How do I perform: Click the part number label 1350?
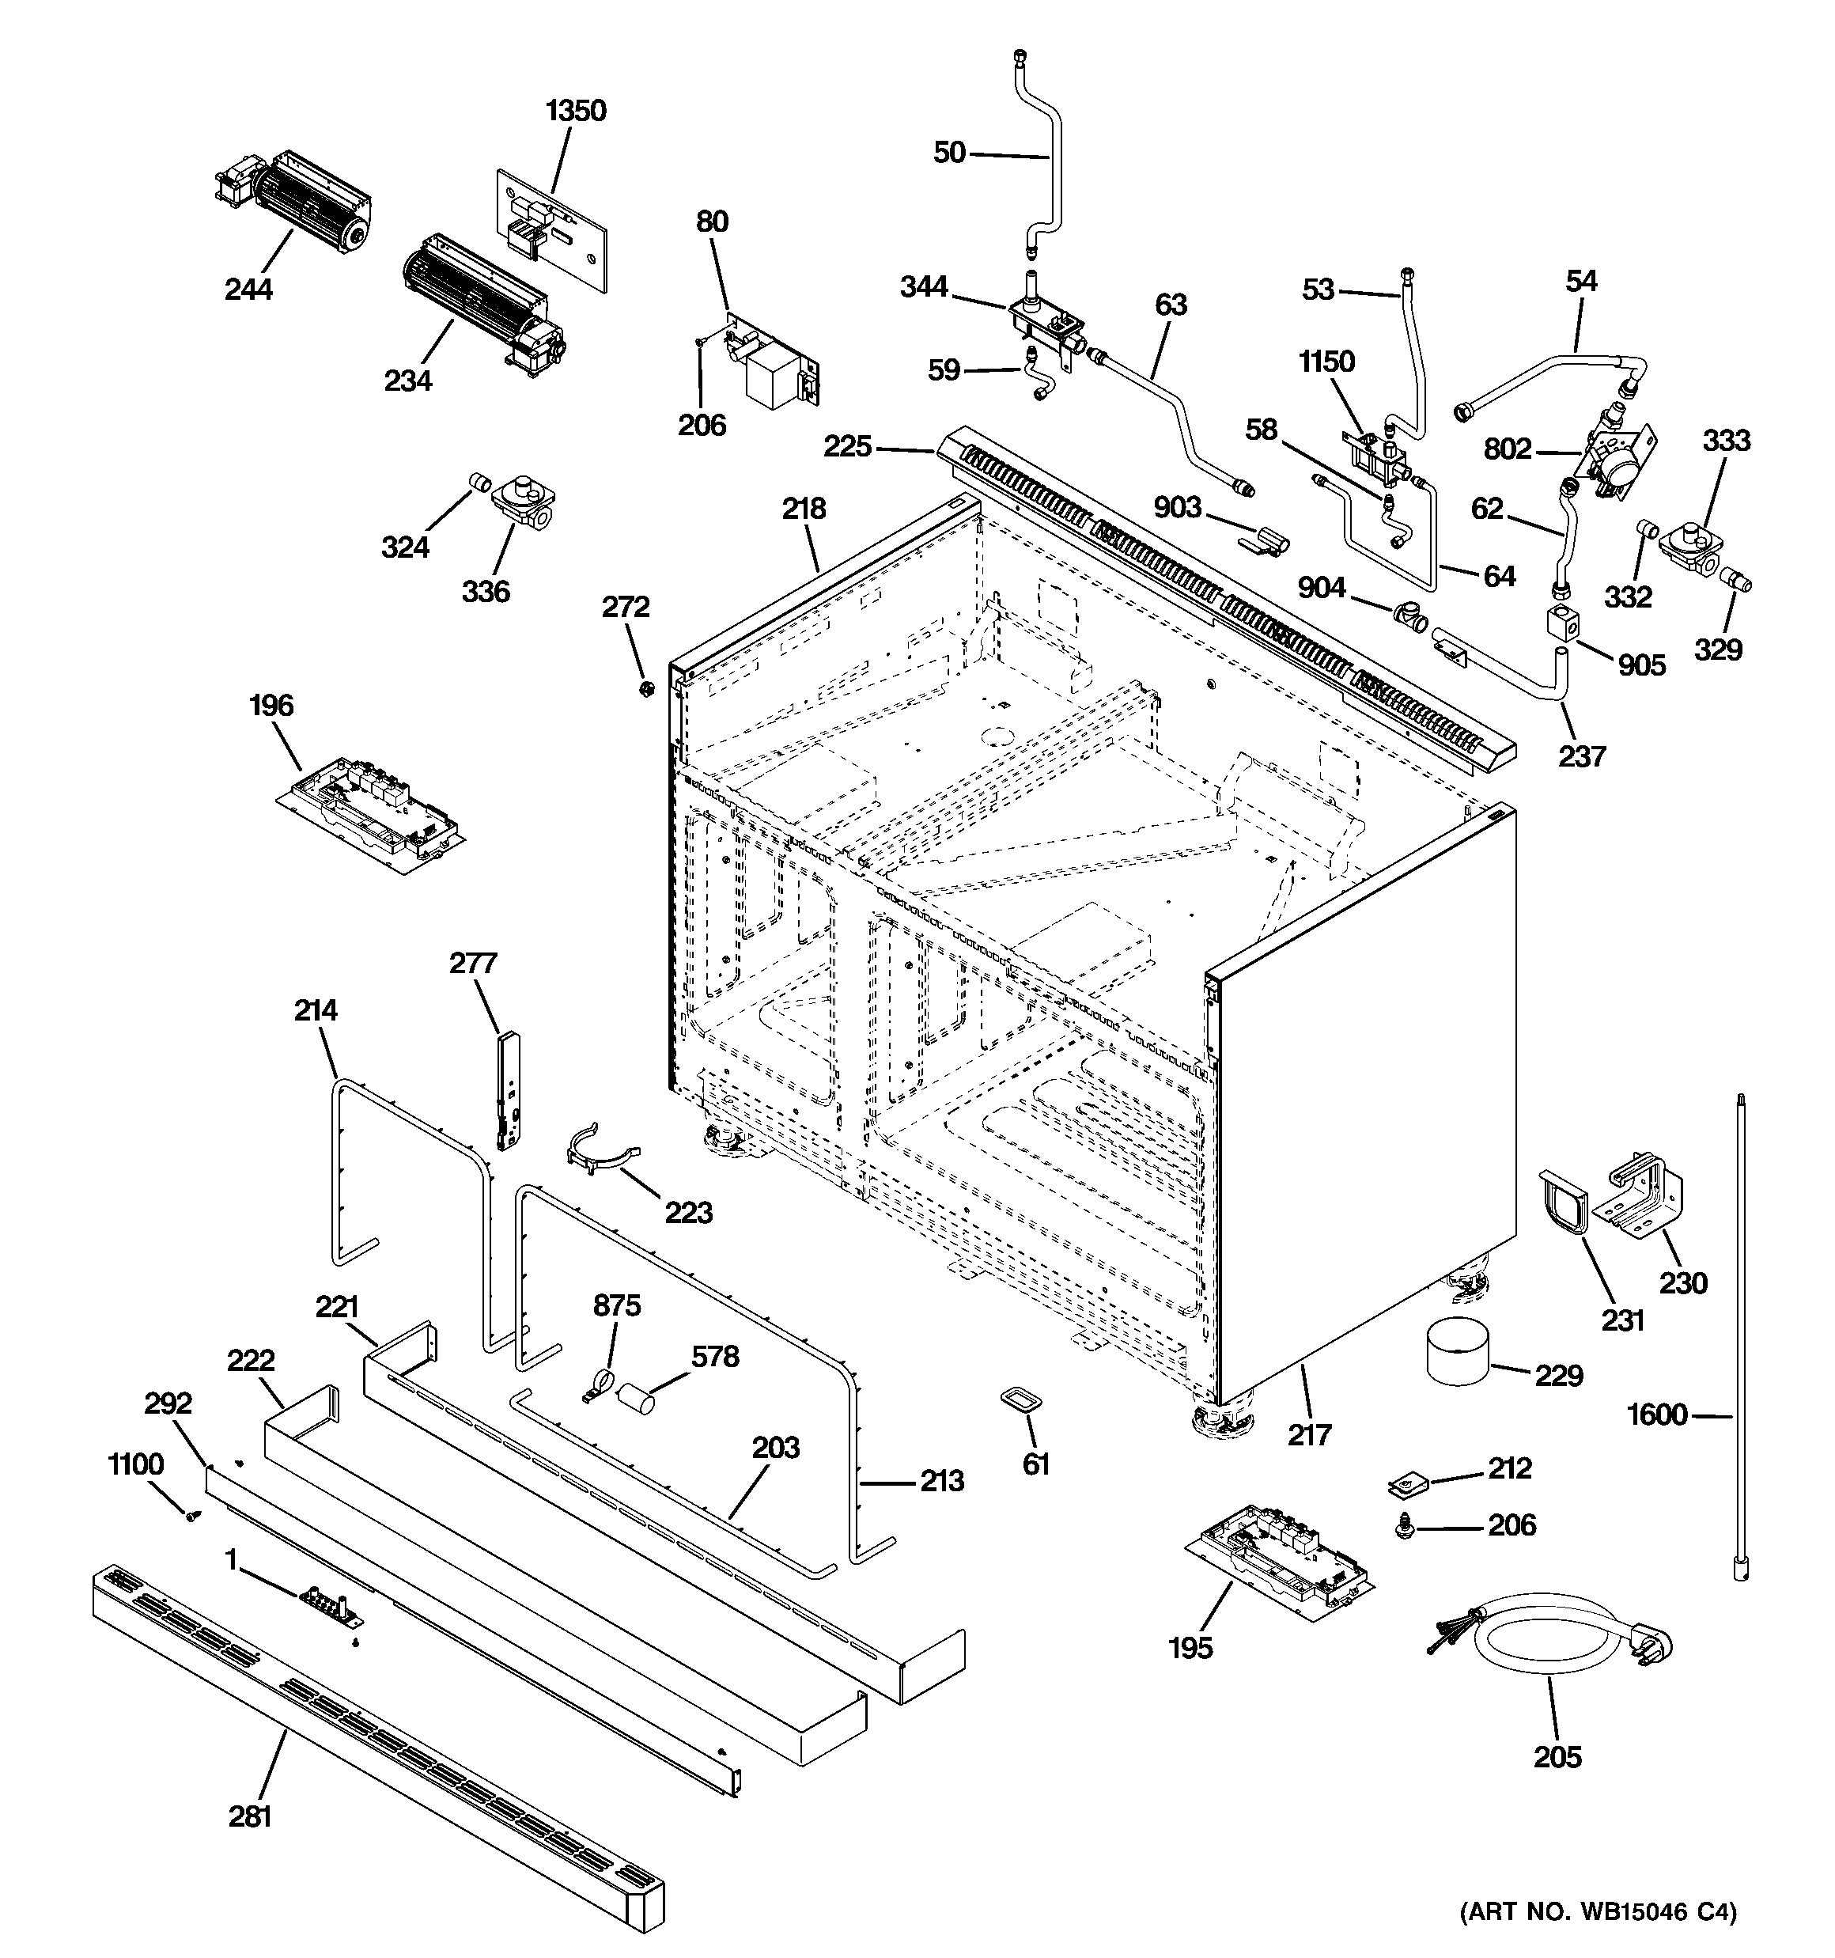coord(577,110)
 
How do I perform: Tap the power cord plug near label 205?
coord(1651,1646)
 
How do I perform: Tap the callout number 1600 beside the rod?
coord(1657,1415)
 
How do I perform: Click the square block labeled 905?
coord(1562,623)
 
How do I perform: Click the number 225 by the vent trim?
coord(848,446)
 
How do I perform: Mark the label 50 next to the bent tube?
coord(949,152)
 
